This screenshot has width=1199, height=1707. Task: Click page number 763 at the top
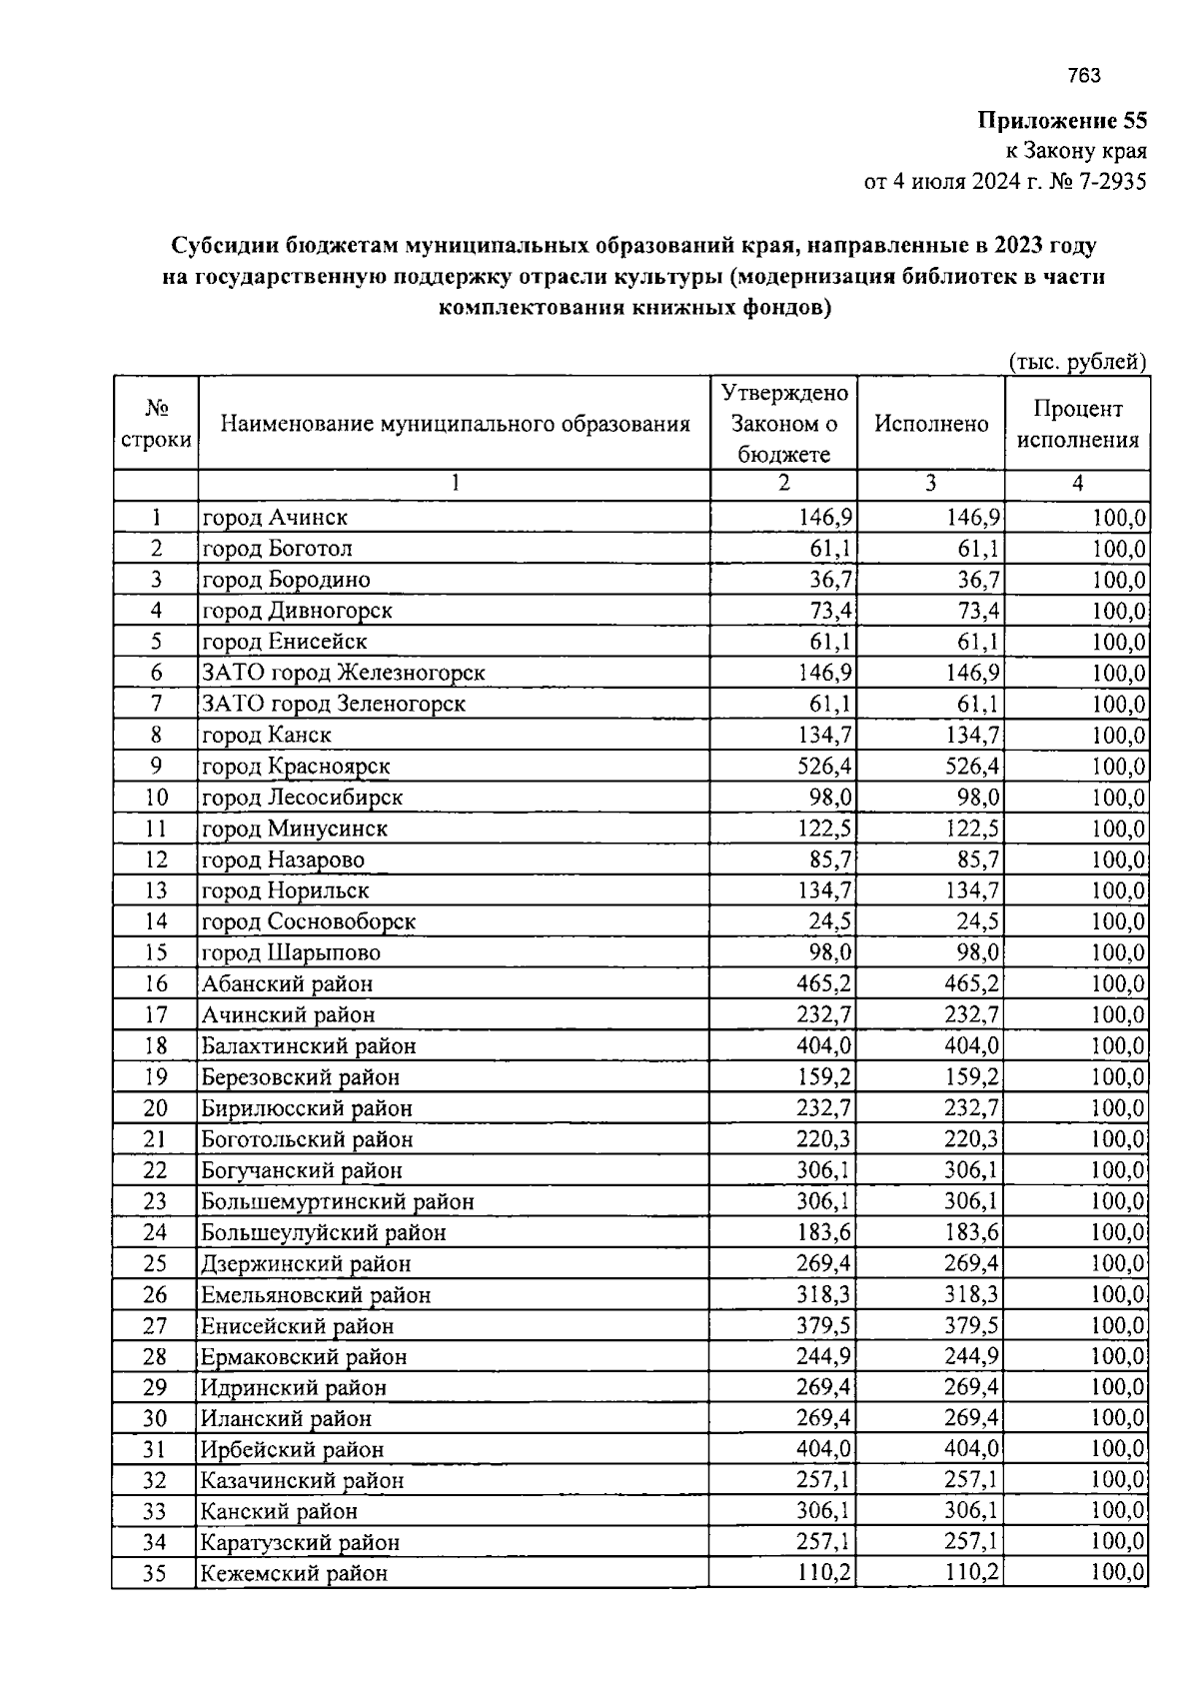(1083, 76)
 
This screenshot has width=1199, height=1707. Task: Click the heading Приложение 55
(1061, 122)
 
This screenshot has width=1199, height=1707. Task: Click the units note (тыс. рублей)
(1076, 362)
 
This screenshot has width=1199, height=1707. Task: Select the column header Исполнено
(931, 424)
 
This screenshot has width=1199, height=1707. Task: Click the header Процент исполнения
(1077, 424)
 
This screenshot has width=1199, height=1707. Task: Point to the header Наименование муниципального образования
(455, 424)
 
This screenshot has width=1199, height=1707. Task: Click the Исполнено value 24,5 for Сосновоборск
(972, 921)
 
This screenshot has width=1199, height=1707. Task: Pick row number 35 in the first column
(154, 1573)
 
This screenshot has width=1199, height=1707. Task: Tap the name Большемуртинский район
(338, 1201)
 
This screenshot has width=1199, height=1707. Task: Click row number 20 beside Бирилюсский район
(155, 1108)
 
